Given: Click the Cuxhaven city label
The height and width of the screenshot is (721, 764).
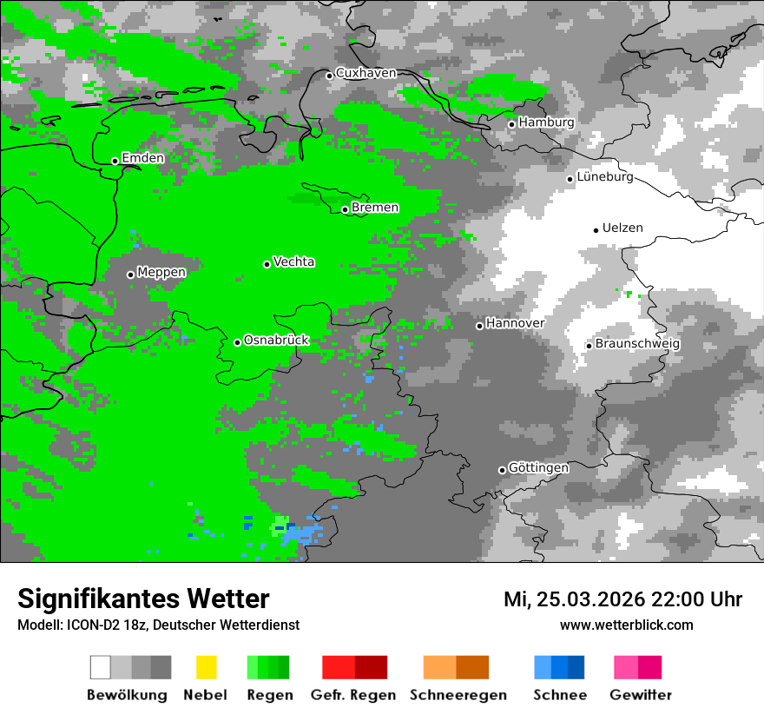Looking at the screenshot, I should pyautogui.click(x=366, y=73).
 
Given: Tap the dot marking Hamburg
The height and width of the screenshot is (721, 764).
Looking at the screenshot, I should pyautogui.click(x=512, y=124).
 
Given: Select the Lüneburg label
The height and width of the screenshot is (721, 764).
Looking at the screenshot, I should pyautogui.click(x=605, y=177).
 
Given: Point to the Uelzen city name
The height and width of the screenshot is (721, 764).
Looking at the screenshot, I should pyautogui.click(x=622, y=228).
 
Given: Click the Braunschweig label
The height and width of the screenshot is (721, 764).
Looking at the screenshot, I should pyautogui.click(x=637, y=344).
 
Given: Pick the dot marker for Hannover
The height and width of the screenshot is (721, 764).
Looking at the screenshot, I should pyautogui.click(x=479, y=326).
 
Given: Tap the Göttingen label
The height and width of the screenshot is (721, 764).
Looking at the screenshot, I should pyautogui.click(x=538, y=468).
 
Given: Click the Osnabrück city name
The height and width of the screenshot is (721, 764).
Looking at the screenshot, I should pyautogui.click(x=276, y=341).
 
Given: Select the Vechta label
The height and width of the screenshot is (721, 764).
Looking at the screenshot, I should pyautogui.click(x=293, y=261).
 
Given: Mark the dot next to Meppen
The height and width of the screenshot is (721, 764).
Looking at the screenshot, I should pyautogui.click(x=130, y=275).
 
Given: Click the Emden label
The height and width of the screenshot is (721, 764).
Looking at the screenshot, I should pyautogui.click(x=142, y=158).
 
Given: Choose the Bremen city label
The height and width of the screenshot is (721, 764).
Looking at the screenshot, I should pyautogui.click(x=375, y=208).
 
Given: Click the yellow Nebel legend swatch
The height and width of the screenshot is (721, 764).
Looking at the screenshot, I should pyautogui.click(x=206, y=667).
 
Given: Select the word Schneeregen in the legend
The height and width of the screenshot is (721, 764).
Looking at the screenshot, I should pyautogui.click(x=458, y=695).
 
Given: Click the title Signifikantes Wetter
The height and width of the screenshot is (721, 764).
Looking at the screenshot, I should pyautogui.click(x=143, y=599).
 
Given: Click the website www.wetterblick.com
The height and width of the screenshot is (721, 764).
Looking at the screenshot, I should pyautogui.click(x=626, y=625).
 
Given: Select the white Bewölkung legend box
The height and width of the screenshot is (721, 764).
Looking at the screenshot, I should pyautogui.click(x=101, y=667).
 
